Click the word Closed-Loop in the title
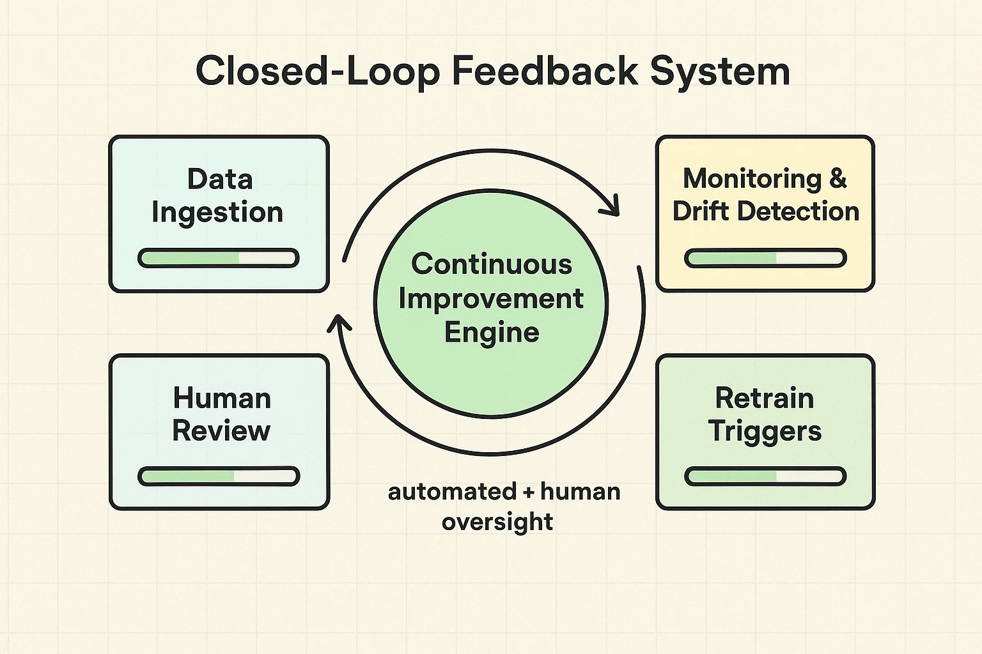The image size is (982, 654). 317,71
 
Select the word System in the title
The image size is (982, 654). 720,71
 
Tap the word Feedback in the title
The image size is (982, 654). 545,71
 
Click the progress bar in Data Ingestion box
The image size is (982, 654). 219,258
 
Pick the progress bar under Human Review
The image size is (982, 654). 219,476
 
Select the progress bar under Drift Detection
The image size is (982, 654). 765,258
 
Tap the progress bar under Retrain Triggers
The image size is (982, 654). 765,476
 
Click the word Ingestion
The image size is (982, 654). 217,213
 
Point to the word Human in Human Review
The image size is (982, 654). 222,399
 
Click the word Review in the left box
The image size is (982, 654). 221,431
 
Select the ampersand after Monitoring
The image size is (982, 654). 838,178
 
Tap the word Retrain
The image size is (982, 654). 765,399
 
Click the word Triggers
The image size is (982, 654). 765,432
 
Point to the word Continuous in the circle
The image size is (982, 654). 491,264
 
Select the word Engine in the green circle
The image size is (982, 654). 492,333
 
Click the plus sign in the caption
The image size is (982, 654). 527,492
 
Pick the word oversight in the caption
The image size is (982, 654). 497,522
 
